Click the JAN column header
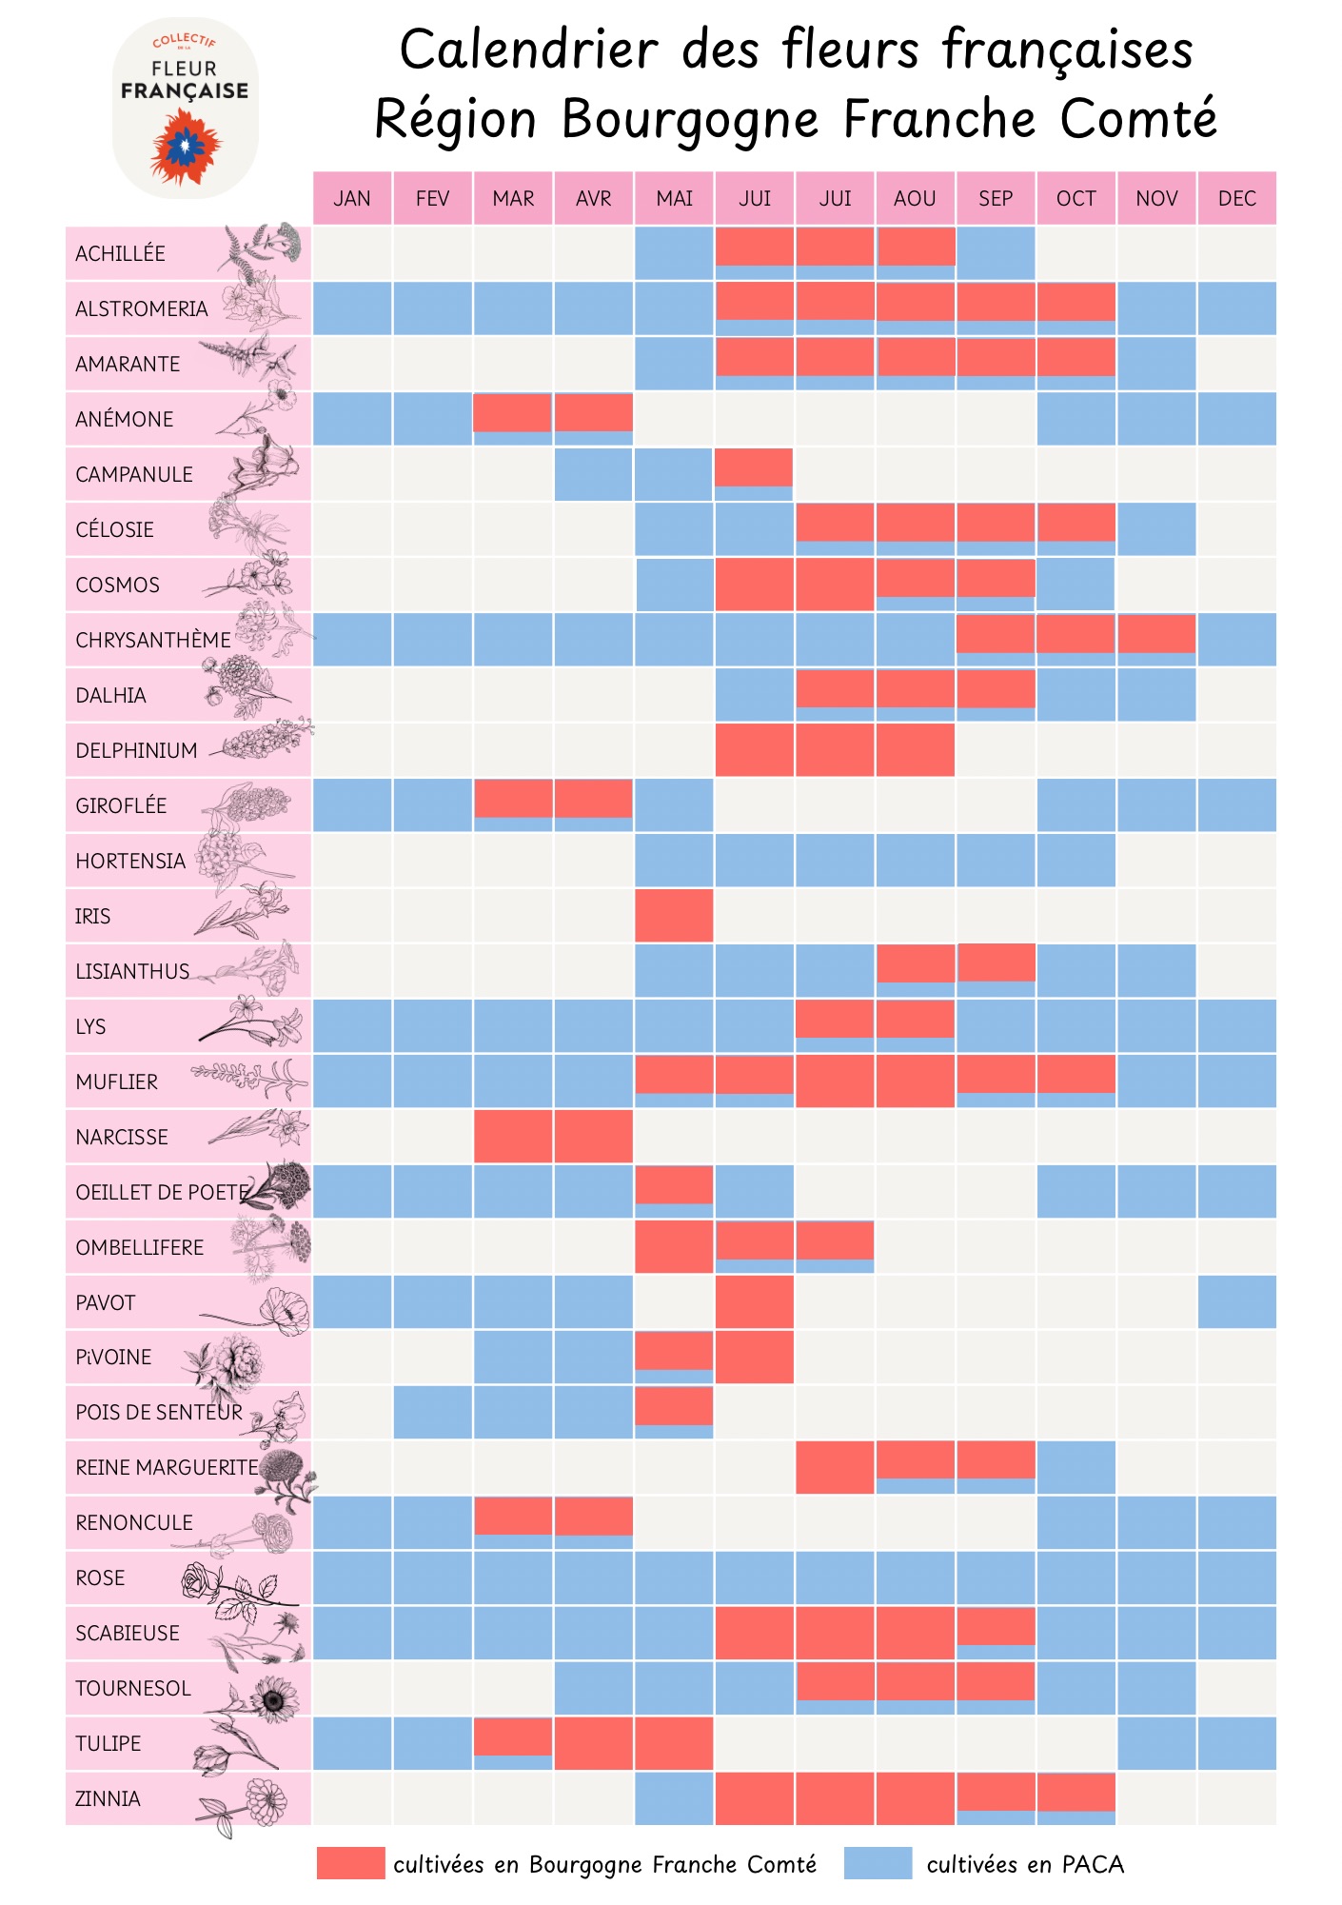[x=352, y=198]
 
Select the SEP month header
[x=996, y=198]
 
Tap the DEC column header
[x=1236, y=198]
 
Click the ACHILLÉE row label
[x=121, y=254]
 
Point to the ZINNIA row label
[x=109, y=1799]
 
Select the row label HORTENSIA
[x=130, y=862]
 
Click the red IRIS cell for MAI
[x=674, y=916]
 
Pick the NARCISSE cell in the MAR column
[x=513, y=1137]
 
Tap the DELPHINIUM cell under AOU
[x=915, y=750]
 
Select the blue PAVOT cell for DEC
[x=1236, y=1302]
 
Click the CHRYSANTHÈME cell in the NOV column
[x=1156, y=635]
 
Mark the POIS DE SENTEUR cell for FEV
[x=432, y=1413]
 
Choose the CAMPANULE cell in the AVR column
[x=594, y=474]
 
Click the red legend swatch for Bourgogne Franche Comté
[x=350, y=1863]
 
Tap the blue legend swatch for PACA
[x=878, y=1863]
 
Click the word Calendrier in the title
[x=528, y=50]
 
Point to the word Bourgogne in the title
[x=690, y=119]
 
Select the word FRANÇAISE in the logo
[x=185, y=91]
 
